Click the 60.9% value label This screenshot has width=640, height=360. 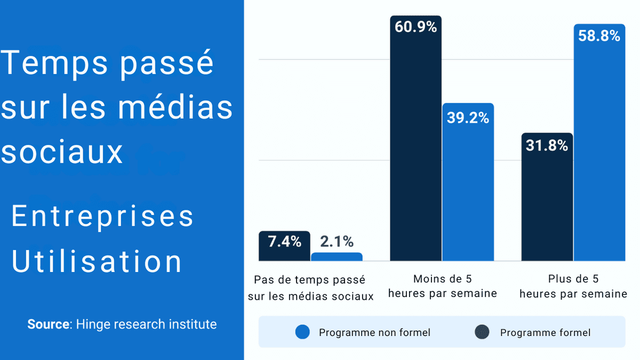coord(415,27)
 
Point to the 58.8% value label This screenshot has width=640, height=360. coord(599,36)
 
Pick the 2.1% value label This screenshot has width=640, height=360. coord(337,242)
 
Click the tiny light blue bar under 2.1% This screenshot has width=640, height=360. coord(337,257)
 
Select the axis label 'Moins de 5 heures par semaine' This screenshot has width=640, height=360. coord(442,286)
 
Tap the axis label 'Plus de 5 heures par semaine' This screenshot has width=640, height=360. coord(573,286)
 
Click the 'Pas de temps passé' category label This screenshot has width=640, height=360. coord(310,279)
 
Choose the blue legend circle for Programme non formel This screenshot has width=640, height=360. coord(302,332)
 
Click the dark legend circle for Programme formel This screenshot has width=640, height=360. coord(482,332)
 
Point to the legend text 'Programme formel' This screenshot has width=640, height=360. coord(545,333)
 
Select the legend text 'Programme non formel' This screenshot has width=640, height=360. coord(374,333)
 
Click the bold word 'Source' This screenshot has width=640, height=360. coord(49,324)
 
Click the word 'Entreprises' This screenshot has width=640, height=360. coord(102,217)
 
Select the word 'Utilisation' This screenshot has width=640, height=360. coord(97,262)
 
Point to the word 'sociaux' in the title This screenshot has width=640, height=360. coord(62,151)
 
